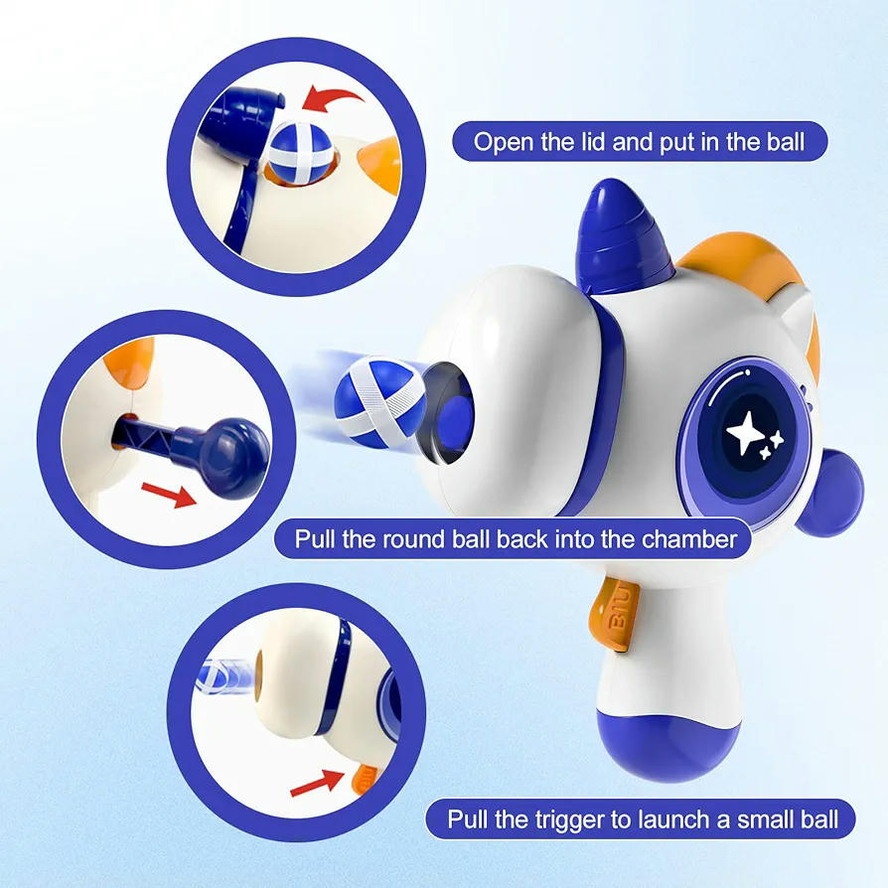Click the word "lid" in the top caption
(589, 142)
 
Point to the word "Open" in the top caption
(504, 142)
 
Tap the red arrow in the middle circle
(168, 493)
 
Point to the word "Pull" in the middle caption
(318, 539)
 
